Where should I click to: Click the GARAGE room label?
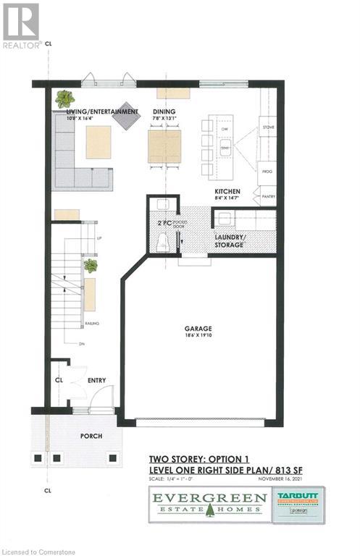pos(196,328)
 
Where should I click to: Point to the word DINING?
pos(162,111)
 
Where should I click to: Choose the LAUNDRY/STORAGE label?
pos(229,241)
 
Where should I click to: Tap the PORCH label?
pos(91,436)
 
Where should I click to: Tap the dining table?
pos(164,146)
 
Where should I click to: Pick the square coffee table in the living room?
pos(99,142)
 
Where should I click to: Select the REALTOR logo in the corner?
pos(20,25)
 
